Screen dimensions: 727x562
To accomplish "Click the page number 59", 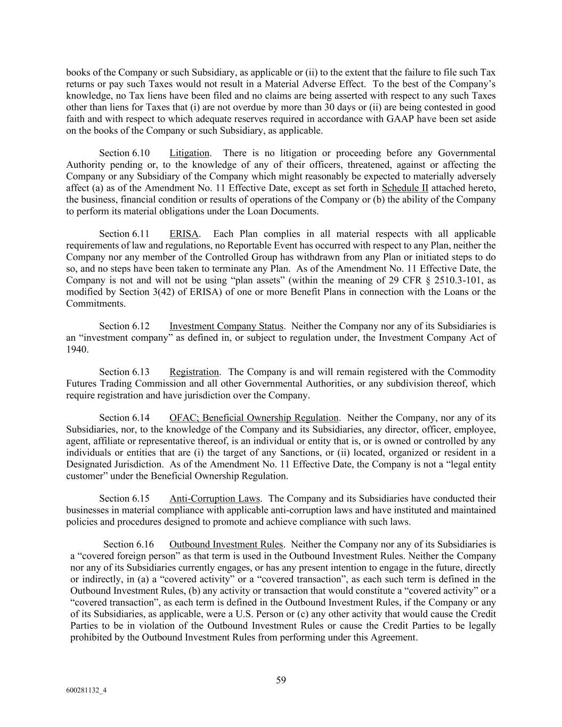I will pos(281,680).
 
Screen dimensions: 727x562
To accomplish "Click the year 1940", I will pos(77,349).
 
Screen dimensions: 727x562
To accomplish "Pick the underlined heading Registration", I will pos(194,372).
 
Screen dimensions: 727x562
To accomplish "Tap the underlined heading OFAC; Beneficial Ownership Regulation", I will pos(254,418).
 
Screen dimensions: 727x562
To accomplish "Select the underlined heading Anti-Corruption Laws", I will pos(215,499).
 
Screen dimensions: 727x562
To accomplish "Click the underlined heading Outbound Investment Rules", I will pos(226,544).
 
